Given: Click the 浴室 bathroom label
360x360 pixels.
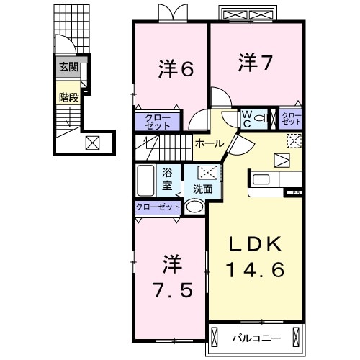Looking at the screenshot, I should coord(167,179).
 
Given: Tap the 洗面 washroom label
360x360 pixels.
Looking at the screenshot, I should coord(202,189).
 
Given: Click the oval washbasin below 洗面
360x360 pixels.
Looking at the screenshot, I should coord(194,207).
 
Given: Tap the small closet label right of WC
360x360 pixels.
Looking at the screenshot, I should coord(292,119).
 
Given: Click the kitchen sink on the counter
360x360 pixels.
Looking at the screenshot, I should coord(260,179).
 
